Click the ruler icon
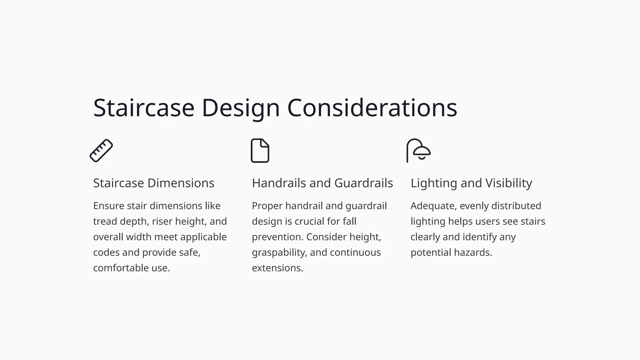pyautogui.click(x=101, y=151)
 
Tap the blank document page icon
pyautogui.click(x=260, y=151)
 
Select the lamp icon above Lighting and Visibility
pyautogui.click(x=419, y=151)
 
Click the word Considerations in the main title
pyautogui.click(x=372, y=108)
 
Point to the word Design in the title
pyautogui.click(x=241, y=108)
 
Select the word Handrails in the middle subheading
pyautogui.click(x=279, y=183)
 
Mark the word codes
pyautogui.click(x=106, y=252)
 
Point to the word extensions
pyautogui.click(x=277, y=268)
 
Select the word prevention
pyautogui.click(x=277, y=237)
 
